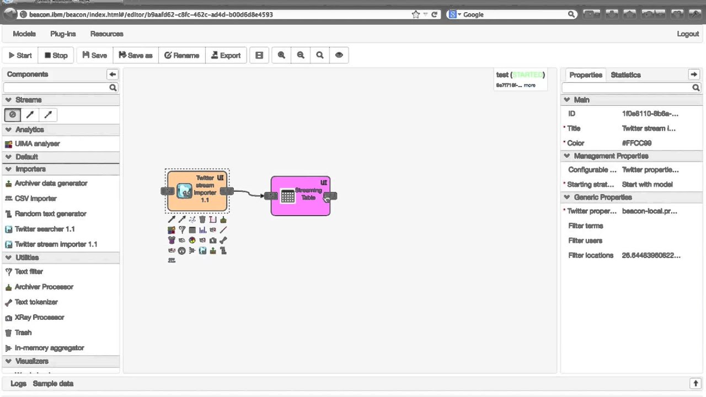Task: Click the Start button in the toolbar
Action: (20, 55)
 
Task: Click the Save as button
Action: (135, 55)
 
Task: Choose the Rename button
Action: (181, 55)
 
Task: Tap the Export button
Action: (226, 55)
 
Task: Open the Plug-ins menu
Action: (63, 34)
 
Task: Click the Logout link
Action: (688, 34)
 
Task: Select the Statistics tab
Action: (625, 74)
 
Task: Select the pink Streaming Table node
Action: (301, 196)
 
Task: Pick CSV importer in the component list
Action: (35, 198)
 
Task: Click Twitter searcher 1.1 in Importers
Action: (44, 229)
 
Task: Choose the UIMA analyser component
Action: (37, 143)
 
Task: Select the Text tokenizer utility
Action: (36, 302)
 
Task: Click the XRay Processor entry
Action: (39, 318)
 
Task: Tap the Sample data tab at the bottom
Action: (53, 384)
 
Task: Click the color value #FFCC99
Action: (637, 143)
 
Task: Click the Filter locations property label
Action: (590, 255)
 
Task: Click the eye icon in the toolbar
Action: (339, 55)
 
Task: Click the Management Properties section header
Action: (611, 156)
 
